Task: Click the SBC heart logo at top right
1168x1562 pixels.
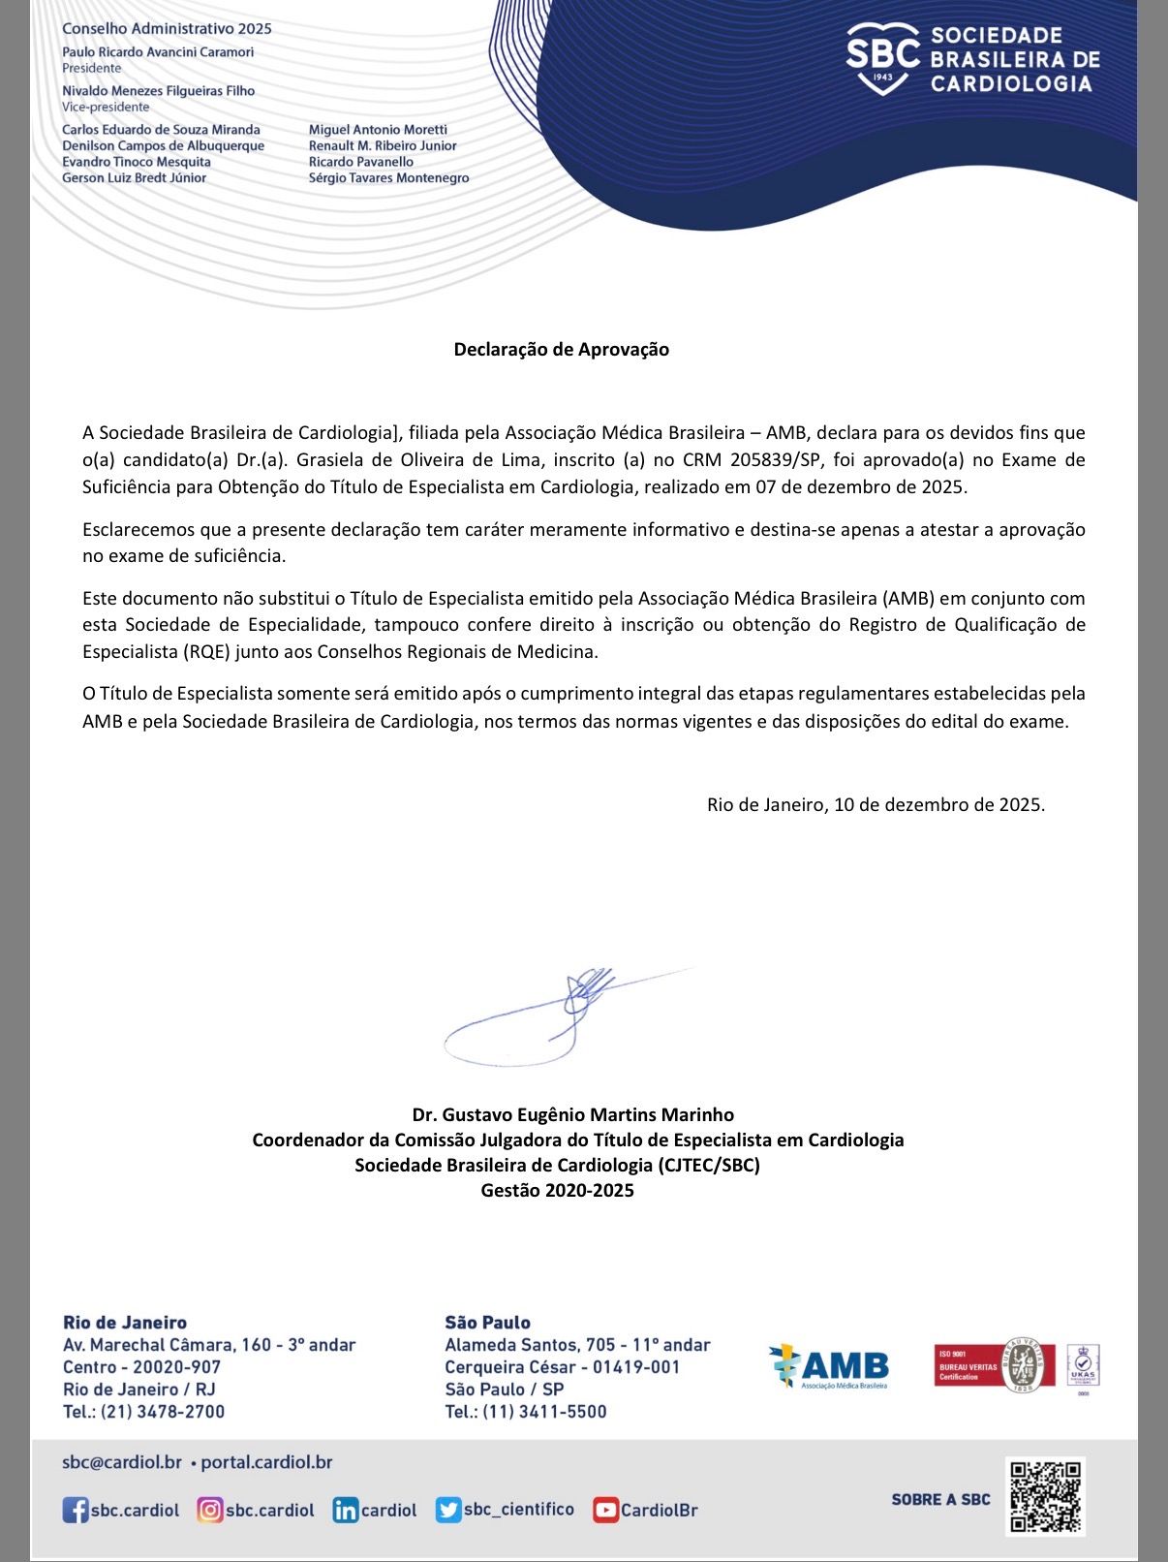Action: (882, 58)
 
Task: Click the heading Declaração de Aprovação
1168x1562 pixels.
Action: (561, 350)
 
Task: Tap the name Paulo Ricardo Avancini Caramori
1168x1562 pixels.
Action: (158, 52)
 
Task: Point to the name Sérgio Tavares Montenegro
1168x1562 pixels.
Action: (388, 178)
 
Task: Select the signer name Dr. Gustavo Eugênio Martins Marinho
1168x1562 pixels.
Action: (572, 1114)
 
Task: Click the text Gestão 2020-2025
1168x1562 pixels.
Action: (557, 1191)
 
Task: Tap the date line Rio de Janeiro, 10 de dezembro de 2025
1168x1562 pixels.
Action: (876, 804)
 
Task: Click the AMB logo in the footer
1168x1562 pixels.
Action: (829, 1367)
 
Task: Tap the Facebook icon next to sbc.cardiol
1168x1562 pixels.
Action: (75, 1510)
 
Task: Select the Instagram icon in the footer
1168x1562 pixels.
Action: (209, 1510)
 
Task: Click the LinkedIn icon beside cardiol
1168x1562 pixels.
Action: (345, 1510)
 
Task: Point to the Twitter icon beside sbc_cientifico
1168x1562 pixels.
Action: (447, 1510)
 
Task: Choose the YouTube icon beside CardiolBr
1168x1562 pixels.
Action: (605, 1510)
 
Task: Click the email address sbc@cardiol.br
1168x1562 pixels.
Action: (121, 1462)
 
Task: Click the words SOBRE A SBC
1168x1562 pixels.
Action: (940, 1499)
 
